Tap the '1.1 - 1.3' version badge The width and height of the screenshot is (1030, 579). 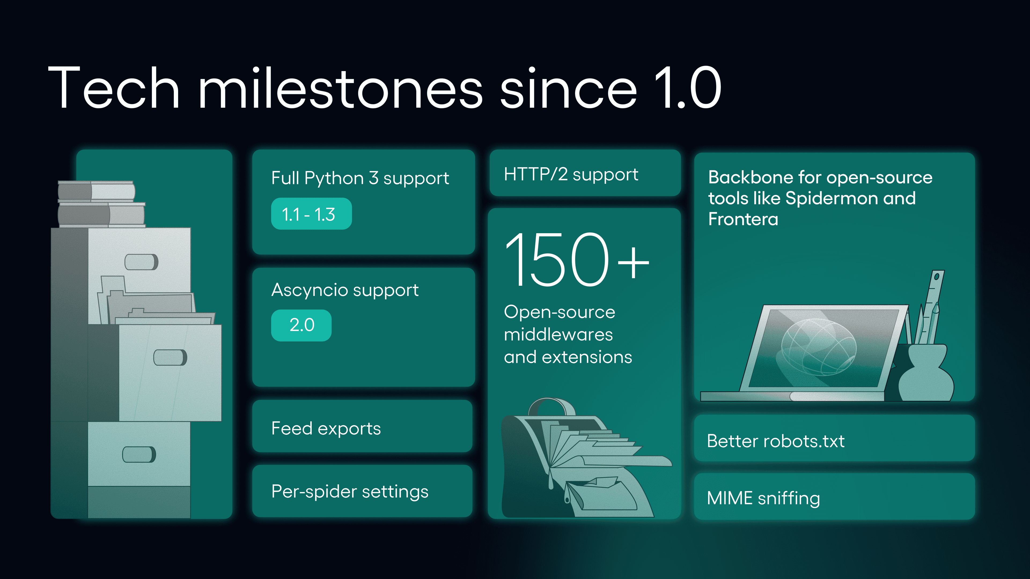tap(311, 214)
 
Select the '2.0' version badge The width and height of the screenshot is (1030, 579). tap(301, 325)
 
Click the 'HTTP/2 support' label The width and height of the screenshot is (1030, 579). tap(571, 175)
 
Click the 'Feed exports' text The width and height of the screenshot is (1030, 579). tap(326, 428)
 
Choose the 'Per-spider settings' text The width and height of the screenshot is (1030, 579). tap(350, 492)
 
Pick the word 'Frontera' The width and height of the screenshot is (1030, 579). tap(743, 219)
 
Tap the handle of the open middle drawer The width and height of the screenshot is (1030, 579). tap(170, 357)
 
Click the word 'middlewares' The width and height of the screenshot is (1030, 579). tap(558, 335)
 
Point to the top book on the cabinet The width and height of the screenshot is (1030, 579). tap(96, 191)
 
